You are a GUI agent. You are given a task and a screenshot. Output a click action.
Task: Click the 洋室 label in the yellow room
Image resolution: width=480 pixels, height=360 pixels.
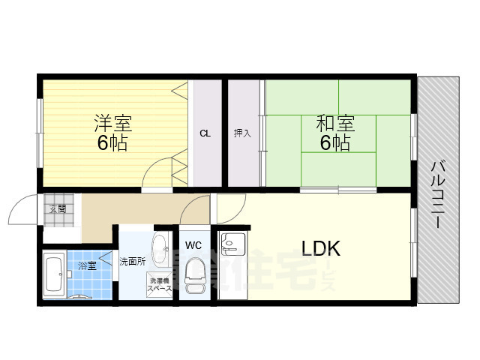tap(111, 121)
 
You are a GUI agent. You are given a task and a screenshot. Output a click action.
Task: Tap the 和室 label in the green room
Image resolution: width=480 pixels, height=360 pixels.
tap(335, 121)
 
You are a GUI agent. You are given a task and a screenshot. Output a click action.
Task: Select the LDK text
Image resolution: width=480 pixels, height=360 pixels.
tap(321, 249)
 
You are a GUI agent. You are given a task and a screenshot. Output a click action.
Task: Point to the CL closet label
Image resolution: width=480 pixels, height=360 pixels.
tap(204, 133)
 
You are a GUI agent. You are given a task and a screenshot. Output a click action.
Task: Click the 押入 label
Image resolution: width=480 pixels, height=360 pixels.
tap(242, 133)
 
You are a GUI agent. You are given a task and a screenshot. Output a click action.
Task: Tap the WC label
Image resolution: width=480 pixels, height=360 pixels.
tap(193, 244)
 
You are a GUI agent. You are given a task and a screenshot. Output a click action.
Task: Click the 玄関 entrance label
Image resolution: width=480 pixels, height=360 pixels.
tap(58, 209)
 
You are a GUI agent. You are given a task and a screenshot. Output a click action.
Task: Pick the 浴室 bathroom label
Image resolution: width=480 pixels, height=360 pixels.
tap(86, 265)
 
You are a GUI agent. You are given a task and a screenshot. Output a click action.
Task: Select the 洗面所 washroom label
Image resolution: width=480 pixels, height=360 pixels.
tap(132, 262)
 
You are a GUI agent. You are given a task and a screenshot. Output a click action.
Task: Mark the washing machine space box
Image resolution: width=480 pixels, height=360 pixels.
tap(159, 284)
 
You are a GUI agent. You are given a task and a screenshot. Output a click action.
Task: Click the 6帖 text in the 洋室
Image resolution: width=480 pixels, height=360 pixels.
tap(111, 142)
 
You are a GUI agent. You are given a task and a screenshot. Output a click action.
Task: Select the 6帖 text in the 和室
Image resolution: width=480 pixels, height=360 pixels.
tap(335, 142)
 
